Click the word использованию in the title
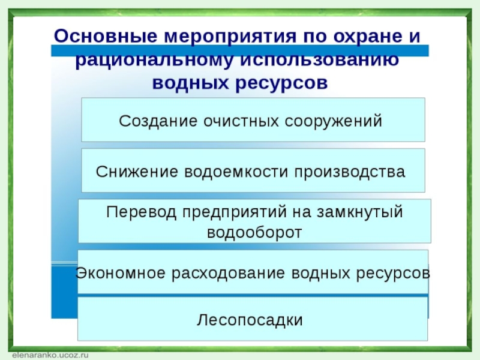click(x=319, y=59)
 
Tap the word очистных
click(x=241, y=121)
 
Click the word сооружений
click(x=334, y=121)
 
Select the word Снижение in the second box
click(x=137, y=172)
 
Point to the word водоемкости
click(x=236, y=172)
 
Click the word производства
click(x=350, y=172)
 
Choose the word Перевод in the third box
click(x=141, y=212)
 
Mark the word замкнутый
click(x=359, y=212)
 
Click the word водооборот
click(x=254, y=232)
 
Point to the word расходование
click(x=228, y=273)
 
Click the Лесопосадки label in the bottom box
click(x=250, y=320)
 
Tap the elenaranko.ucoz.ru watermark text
click(x=50, y=355)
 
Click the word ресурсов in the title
click(x=281, y=83)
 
